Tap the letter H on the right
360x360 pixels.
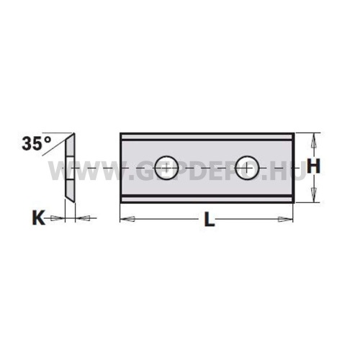pyautogui.click(x=313, y=166)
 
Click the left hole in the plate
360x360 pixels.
pyautogui.click(x=168, y=166)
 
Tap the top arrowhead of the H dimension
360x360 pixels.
pyautogui.click(x=313, y=140)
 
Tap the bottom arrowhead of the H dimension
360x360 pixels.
pyautogui.click(x=313, y=192)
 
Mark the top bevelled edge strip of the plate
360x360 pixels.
pyautogui.click(x=207, y=137)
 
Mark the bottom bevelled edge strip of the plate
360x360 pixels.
pyautogui.click(x=207, y=197)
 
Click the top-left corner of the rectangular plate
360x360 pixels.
pyautogui.click(x=121, y=133)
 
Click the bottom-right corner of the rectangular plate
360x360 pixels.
pyautogui.click(x=294, y=200)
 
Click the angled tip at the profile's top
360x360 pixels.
pyautogui.click(x=72, y=135)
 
